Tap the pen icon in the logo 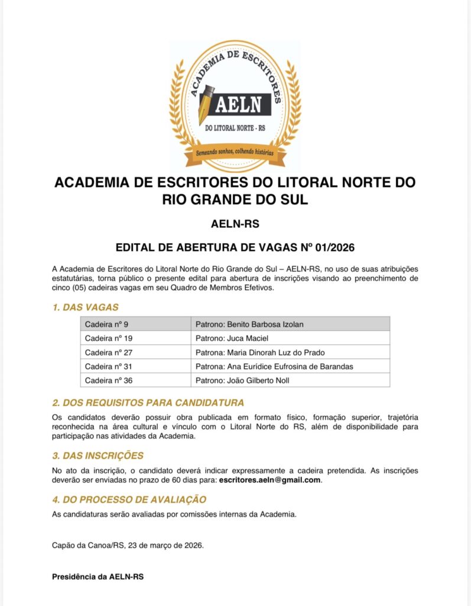[x=206, y=103]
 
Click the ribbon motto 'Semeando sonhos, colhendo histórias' [x=235, y=153]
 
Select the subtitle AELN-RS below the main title [x=235, y=224]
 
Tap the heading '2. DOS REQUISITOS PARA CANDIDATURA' [x=148, y=403]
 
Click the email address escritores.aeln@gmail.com [x=269, y=480]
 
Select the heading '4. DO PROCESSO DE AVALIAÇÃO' [x=129, y=499]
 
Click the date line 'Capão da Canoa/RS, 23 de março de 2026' [x=128, y=545]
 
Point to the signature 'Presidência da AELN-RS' [x=98, y=576]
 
